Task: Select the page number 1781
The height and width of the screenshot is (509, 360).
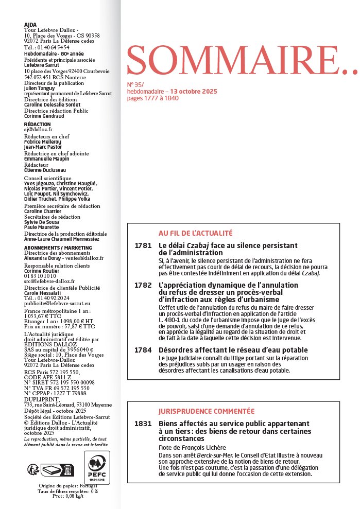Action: pos(143,245)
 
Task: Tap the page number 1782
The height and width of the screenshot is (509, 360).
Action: pos(143,285)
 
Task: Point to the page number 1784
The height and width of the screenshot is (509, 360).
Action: pos(143,350)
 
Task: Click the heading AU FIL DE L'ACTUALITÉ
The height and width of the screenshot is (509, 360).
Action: pos(196,233)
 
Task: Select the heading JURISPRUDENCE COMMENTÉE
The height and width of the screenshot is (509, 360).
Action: pos(207,411)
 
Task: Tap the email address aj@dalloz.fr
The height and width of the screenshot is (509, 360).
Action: pos(39,130)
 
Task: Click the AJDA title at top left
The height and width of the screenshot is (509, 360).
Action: pos(30,24)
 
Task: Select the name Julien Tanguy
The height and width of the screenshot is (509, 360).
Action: pos(40,88)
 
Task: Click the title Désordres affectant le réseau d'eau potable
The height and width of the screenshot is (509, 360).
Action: pos(233,350)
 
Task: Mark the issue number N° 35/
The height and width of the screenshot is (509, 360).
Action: pos(135,84)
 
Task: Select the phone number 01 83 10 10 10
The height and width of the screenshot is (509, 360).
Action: pos(43,276)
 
